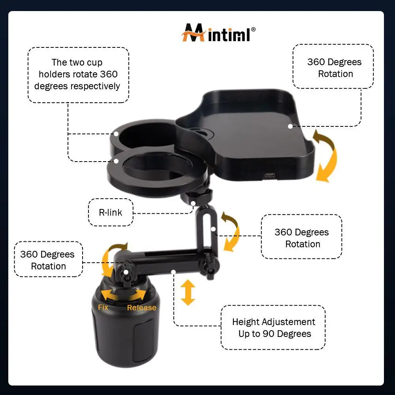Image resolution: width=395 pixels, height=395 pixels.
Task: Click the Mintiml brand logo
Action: [218, 34]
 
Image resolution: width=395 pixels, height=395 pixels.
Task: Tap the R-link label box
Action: [111, 212]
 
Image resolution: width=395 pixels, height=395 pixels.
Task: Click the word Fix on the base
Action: [103, 307]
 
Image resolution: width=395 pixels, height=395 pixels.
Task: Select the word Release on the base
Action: [141, 308]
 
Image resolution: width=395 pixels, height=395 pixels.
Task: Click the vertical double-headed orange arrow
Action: [188, 292]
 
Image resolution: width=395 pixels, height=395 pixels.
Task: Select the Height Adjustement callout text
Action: [273, 328]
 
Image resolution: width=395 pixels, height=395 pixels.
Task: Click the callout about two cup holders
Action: [78, 74]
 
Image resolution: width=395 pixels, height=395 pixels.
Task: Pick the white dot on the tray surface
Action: [290, 126]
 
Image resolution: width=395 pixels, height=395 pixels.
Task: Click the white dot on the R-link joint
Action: [193, 203]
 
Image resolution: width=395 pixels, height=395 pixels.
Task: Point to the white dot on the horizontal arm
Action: [173, 271]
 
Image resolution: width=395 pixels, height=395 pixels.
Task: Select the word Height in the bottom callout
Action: [246, 322]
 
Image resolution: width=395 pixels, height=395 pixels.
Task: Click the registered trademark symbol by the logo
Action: [253, 29]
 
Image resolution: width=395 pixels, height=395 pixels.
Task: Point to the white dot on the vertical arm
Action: [213, 229]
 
